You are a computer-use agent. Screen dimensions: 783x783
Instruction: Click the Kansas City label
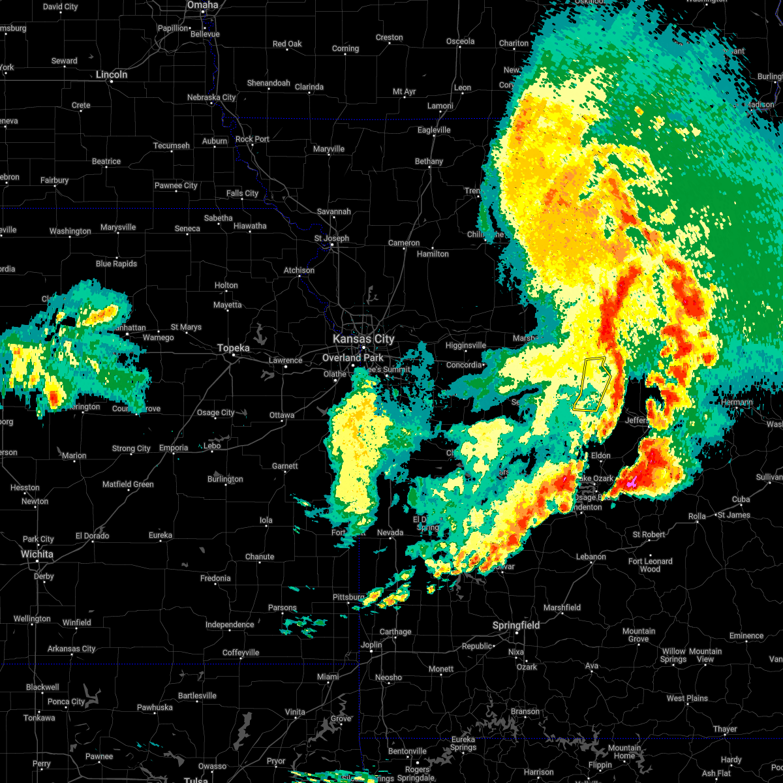pyautogui.click(x=363, y=339)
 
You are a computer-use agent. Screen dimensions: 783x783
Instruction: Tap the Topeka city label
pyautogui.click(x=234, y=348)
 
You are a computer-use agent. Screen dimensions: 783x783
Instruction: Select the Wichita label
pyautogui.click(x=37, y=554)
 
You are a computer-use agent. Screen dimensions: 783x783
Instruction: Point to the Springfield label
pyautogui.click(x=516, y=625)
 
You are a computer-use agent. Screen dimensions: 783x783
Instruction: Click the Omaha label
pyautogui.click(x=202, y=5)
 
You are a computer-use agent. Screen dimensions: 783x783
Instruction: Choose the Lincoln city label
pyautogui.click(x=112, y=74)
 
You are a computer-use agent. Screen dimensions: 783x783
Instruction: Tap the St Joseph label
pyautogui.click(x=331, y=238)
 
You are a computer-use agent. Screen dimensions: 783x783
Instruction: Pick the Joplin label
pyautogui.click(x=371, y=645)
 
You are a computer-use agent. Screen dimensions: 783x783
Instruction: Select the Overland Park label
pyautogui.click(x=353, y=358)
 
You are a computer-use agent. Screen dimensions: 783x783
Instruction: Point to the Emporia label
pyautogui.click(x=174, y=448)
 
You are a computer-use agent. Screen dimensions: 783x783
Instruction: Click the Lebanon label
pyautogui.click(x=591, y=557)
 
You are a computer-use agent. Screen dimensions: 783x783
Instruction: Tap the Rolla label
pyautogui.click(x=697, y=516)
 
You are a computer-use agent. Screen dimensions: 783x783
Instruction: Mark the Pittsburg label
pyautogui.click(x=348, y=597)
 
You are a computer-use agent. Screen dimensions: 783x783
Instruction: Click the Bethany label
pyautogui.click(x=429, y=161)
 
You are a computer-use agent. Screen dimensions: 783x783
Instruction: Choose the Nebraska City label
pyautogui.click(x=211, y=98)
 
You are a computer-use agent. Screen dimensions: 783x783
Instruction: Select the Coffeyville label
pyautogui.click(x=241, y=652)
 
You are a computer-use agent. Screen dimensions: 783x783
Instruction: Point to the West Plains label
pyautogui.click(x=687, y=698)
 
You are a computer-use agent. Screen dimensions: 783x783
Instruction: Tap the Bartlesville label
pyautogui.click(x=197, y=696)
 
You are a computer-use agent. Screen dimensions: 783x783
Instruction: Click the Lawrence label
pyautogui.click(x=285, y=360)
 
